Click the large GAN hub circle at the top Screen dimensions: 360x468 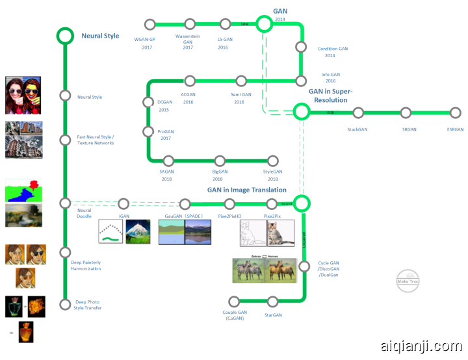pyautogui.click(x=263, y=24)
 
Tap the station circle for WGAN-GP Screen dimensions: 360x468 pyautogui.click(x=149, y=24)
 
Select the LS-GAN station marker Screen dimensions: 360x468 pyautogui.click(x=226, y=24)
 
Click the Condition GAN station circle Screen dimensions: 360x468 pyautogui.click(x=300, y=47)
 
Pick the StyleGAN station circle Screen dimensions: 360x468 pyautogui.click(x=273, y=161)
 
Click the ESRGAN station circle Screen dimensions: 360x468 pyautogui.click(x=454, y=112)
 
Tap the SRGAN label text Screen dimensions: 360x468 pyautogui.click(x=409, y=129)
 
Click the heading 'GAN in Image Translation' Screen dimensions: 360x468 pyautogui.click(x=246, y=190)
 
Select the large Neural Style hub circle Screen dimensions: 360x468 pyautogui.click(x=64, y=36)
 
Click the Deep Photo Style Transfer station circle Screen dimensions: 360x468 pyautogui.click(x=64, y=304)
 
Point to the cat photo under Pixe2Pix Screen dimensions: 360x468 pyautogui.click(x=281, y=233)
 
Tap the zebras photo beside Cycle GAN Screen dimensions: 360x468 pyautogui.click(x=249, y=271)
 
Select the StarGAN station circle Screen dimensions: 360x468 pyautogui.click(x=273, y=301)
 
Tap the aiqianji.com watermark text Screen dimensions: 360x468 pyautogui.click(x=422, y=347)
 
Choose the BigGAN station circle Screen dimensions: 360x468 pyautogui.click(x=220, y=161)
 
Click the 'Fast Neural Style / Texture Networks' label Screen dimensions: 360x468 pyautogui.click(x=96, y=140)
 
